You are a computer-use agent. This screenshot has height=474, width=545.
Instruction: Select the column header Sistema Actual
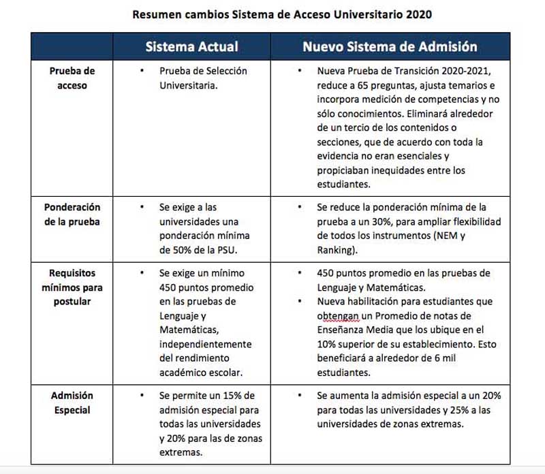pyautogui.click(x=191, y=46)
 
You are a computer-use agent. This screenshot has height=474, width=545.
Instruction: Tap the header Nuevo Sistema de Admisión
pyautogui.click(x=389, y=46)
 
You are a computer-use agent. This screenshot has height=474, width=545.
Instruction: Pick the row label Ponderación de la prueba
pyautogui.click(x=72, y=214)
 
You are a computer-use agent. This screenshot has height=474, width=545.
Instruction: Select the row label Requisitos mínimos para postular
pyautogui.click(x=72, y=287)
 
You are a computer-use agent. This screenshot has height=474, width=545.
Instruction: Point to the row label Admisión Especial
pyautogui.click(x=72, y=402)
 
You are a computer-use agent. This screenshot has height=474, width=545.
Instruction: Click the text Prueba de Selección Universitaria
pyautogui.click(x=202, y=78)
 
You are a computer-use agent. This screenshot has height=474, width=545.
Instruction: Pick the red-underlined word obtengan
pyautogui.click(x=338, y=316)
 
